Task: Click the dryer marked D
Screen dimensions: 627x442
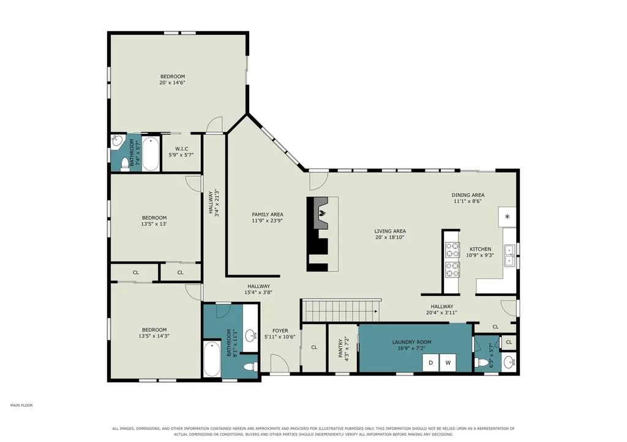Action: pyautogui.click(x=430, y=363)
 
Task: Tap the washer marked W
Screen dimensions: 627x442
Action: pyautogui.click(x=448, y=363)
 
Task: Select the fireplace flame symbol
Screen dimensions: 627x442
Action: pyautogui.click(x=323, y=213)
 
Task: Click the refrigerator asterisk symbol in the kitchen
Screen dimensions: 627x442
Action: pyautogui.click(x=507, y=217)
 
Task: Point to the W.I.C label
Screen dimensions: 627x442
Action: pyautogui.click(x=181, y=149)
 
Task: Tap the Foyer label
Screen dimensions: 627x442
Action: pyautogui.click(x=280, y=331)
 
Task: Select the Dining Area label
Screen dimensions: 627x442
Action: pyautogui.click(x=468, y=195)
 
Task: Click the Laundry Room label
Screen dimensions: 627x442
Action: pyautogui.click(x=411, y=342)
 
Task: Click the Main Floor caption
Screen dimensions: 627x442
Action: pyautogui.click(x=21, y=405)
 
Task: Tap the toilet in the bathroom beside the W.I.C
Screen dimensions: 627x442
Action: pyautogui.click(x=126, y=164)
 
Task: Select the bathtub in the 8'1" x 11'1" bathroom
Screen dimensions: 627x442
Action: pyautogui.click(x=211, y=358)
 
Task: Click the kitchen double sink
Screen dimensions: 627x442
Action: pyautogui.click(x=509, y=255)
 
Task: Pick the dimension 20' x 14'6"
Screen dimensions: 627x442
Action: pyautogui.click(x=172, y=83)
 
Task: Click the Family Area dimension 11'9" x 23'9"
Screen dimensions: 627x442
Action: pyautogui.click(x=268, y=221)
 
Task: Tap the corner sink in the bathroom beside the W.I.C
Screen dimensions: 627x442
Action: pyautogui.click(x=116, y=141)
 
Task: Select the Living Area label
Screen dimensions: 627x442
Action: pyautogui.click(x=390, y=231)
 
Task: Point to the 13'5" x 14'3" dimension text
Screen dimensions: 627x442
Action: pyautogui.click(x=154, y=336)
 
